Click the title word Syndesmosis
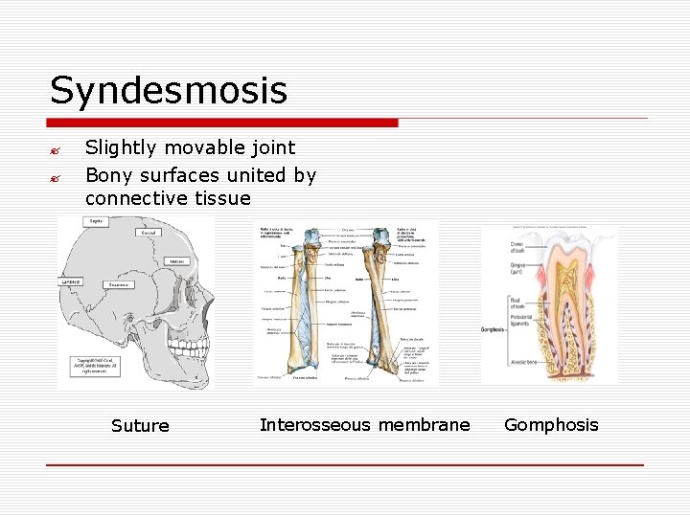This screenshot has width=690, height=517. tap(169, 91)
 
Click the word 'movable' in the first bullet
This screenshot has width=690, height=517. tap(209, 147)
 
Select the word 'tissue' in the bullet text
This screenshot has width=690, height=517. tap(221, 198)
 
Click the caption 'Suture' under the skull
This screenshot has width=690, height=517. tap(140, 426)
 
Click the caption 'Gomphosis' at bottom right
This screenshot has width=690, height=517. tap(551, 425)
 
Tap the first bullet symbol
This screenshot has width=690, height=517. tap(57, 149)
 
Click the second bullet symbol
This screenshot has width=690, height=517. tap(57, 177)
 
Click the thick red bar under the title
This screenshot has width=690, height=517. tap(222, 123)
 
